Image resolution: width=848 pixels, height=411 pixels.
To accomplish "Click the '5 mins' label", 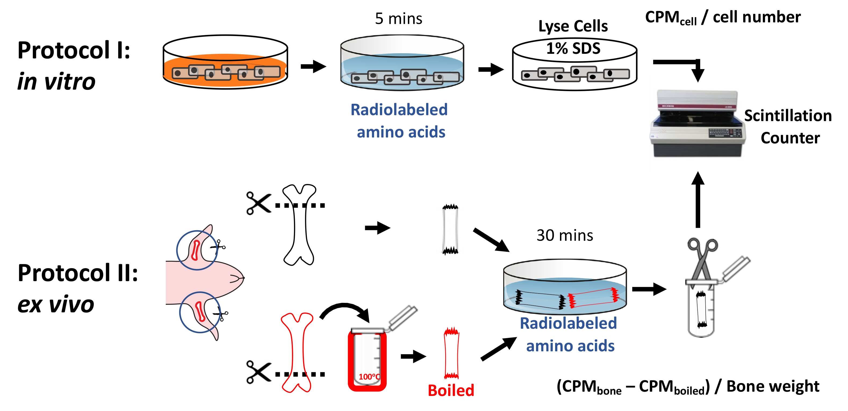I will click(398, 19).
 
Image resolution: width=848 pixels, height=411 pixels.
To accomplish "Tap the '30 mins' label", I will click(565, 235).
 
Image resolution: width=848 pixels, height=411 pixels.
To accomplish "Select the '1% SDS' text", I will click(573, 48).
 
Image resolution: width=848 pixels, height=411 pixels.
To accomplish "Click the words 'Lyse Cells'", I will click(573, 26).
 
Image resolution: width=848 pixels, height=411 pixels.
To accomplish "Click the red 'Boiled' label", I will click(451, 390).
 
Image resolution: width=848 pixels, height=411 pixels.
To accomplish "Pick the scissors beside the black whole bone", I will click(258, 203).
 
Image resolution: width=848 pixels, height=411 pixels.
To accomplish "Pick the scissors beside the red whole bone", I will click(258, 372).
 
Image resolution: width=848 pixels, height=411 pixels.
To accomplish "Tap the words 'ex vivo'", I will click(56, 304).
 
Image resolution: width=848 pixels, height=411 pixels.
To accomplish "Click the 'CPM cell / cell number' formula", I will click(723, 17).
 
